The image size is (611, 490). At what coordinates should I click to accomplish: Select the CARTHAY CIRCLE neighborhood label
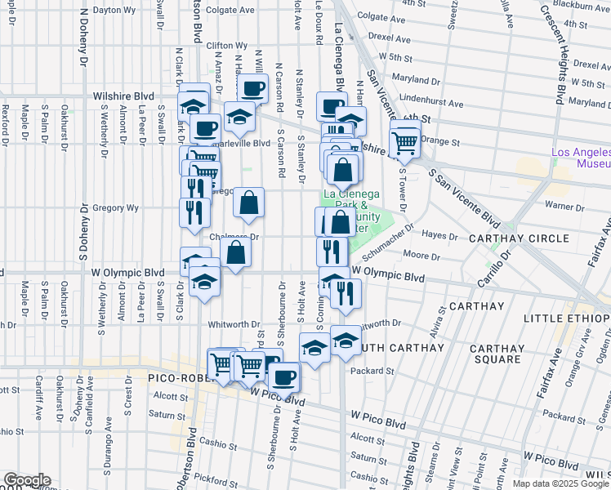[x=519, y=238]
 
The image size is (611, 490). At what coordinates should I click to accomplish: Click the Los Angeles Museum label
[x=581, y=158]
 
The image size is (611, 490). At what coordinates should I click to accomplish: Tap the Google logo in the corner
[x=26, y=479]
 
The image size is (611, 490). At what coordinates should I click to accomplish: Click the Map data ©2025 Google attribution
[x=560, y=483]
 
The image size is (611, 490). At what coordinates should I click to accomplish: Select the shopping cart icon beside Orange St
[x=405, y=143]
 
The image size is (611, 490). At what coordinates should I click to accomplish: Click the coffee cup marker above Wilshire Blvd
[x=252, y=87]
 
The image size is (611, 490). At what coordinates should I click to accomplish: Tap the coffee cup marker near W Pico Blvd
[x=284, y=377]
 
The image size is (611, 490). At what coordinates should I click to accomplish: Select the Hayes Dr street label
[x=462, y=235]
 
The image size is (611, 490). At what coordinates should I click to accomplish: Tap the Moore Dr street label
[x=423, y=256]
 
